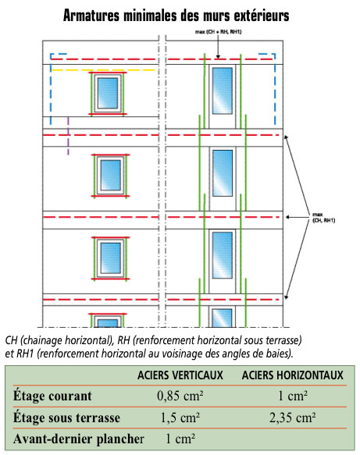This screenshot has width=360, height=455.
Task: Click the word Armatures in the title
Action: (x=91, y=16)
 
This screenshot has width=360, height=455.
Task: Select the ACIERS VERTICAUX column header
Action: (x=180, y=375)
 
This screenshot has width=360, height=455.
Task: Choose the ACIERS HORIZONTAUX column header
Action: (x=292, y=375)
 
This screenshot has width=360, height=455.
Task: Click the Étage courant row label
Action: (x=52, y=396)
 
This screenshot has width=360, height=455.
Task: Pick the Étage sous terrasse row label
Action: (x=66, y=418)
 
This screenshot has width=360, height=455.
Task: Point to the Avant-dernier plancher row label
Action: (x=78, y=439)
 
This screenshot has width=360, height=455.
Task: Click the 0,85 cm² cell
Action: (x=180, y=396)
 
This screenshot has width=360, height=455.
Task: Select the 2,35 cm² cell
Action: (x=292, y=418)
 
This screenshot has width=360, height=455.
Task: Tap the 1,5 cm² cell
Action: (x=180, y=418)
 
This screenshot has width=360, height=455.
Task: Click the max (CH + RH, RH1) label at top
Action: (x=218, y=32)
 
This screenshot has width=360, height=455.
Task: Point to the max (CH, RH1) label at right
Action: (x=323, y=217)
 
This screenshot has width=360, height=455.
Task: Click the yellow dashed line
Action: (x=103, y=70)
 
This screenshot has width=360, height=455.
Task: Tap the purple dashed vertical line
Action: (x=68, y=136)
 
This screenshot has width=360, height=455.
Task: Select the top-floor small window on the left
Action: (x=108, y=93)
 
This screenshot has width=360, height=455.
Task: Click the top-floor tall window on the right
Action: (x=223, y=91)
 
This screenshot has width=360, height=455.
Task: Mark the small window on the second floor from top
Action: (x=111, y=176)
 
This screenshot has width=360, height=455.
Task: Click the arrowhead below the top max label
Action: (x=218, y=57)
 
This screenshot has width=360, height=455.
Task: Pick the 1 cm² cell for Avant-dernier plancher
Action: (x=180, y=439)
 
